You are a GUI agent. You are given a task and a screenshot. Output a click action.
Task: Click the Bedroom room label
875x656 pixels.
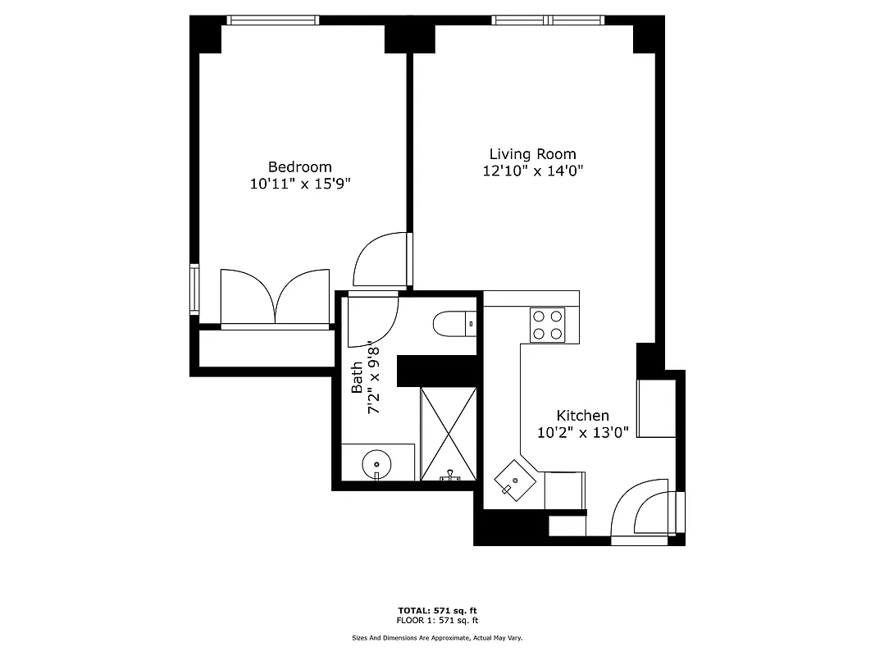click(x=299, y=167)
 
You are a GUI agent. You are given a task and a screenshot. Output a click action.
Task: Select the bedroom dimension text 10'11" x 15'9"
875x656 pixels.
click(x=300, y=184)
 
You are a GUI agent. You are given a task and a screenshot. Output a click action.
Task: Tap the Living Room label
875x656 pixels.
click(x=532, y=154)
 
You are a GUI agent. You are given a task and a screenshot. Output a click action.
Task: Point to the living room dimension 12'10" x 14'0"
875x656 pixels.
click(x=532, y=171)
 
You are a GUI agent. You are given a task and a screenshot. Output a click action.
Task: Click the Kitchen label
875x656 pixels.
click(x=582, y=416)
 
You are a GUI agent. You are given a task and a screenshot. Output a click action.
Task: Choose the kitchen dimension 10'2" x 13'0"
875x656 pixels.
click(x=582, y=433)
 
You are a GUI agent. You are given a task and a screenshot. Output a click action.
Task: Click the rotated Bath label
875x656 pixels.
click(x=357, y=377)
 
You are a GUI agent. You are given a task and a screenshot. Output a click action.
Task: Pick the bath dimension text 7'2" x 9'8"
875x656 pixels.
click(x=375, y=377)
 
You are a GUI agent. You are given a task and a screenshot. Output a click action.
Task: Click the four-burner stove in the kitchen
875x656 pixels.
click(x=546, y=324)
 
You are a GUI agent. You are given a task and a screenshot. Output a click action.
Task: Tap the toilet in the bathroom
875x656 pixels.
click(x=453, y=324)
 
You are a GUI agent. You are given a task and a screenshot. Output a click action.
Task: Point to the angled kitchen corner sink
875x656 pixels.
click(x=515, y=480)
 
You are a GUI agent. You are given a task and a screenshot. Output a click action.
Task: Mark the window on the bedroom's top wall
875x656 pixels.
click(x=273, y=20)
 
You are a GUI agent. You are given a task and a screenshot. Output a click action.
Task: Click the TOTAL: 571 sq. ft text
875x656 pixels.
click(x=437, y=610)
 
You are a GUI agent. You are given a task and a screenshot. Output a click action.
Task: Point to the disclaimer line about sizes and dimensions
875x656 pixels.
click(x=437, y=637)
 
